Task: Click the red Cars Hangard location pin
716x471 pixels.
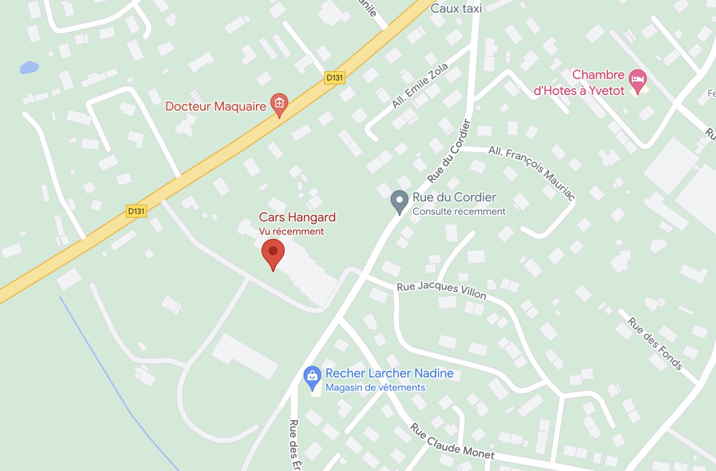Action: coord(273,253)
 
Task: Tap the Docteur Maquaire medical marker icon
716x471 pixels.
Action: coord(279,104)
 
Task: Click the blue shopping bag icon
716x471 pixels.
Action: coord(312,377)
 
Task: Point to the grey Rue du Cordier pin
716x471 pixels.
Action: coord(399,201)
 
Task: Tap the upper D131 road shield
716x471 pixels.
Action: coord(335,78)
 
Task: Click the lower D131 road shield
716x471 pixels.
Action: coord(136,211)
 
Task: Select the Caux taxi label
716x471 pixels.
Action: coord(456,8)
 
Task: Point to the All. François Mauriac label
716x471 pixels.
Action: coord(532,173)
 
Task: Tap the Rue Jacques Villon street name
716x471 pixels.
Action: coord(442,290)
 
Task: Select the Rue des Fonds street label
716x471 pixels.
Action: coord(655,344)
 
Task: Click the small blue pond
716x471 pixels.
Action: coord(29,68)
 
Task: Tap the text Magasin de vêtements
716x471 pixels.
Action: coord(375,387)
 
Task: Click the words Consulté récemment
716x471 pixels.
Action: coord(459,212)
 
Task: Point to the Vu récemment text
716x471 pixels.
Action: coord(291,232)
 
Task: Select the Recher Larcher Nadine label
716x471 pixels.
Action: coord(389,373)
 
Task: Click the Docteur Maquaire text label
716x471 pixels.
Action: coord(216,106)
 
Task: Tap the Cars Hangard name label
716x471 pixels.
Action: coord(297,217)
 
